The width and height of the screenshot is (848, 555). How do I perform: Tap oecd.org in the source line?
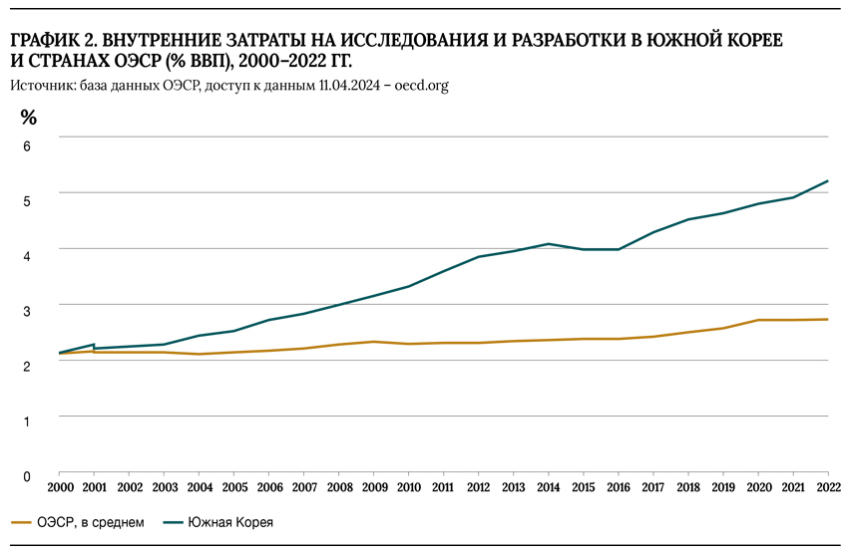point(421,86)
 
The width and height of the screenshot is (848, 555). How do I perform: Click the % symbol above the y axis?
point(28,118)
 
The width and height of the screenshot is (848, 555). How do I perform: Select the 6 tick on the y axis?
point(28,145)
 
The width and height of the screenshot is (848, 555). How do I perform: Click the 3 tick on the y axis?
point(28,310)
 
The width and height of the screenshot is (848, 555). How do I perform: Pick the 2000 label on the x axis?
point(59,489)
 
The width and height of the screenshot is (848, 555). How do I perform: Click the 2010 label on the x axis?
point(408,489)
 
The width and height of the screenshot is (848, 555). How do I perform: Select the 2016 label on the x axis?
point(618,489)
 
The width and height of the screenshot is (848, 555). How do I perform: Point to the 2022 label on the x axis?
point(827,489)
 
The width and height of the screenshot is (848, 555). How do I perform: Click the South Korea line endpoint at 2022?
point(827,181)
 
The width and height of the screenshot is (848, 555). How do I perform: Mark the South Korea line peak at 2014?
point(548,243)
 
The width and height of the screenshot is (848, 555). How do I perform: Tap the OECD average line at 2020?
point(757,320)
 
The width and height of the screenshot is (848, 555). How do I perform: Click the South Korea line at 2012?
point(478,257)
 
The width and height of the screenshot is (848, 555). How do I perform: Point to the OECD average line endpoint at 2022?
point(827,319)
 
